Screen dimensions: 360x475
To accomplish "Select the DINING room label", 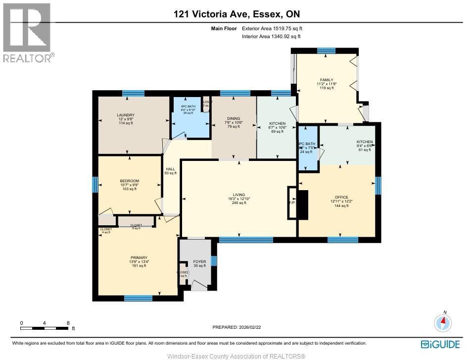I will click(x=233, y=119).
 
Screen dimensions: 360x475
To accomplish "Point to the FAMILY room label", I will click(x=326, y=80).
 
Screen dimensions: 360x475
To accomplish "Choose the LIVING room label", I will click(x=239, y=195).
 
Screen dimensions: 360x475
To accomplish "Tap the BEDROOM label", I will click(x=129, y=181).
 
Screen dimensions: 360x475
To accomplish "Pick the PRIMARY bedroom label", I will click(x=139, y=257).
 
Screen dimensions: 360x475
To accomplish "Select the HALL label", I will click(x=170, y=169).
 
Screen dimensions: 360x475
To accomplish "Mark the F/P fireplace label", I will click(x=291, y=203).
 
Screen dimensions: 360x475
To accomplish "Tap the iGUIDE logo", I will click(x=440, y=344).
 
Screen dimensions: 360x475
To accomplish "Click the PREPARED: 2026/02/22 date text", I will click(x=237, y=327).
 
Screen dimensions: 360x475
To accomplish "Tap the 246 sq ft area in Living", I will click(x=239, y=203).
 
